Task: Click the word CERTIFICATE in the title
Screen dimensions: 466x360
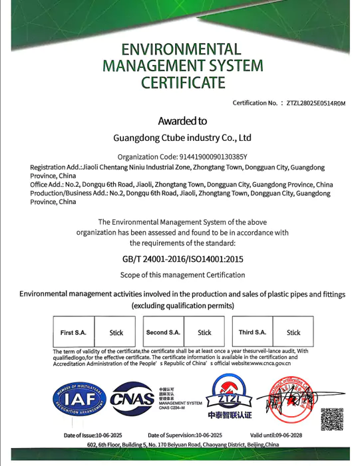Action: coord(183,83)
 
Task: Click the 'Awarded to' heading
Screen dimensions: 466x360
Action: coord(182,121)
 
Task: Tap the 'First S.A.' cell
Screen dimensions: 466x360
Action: coord(73,332)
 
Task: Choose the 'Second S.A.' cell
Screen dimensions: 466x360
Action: coord(163,332)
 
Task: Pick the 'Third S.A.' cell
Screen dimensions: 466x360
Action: coord(252,332)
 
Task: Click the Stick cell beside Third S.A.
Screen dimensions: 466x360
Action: coord(293,332)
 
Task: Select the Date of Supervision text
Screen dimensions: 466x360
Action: coord(185,435)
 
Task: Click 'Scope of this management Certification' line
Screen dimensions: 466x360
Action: coord(182,275)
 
